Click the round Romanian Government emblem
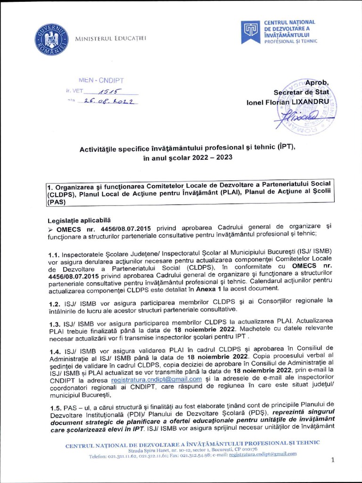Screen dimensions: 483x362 pos(51,38)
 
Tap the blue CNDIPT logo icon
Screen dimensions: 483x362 pos(249,32)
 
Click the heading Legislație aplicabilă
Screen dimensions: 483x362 pos(79,220)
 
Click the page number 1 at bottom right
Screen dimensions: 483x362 pos(332,461)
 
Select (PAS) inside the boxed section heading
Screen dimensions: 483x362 pos(57,201)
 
